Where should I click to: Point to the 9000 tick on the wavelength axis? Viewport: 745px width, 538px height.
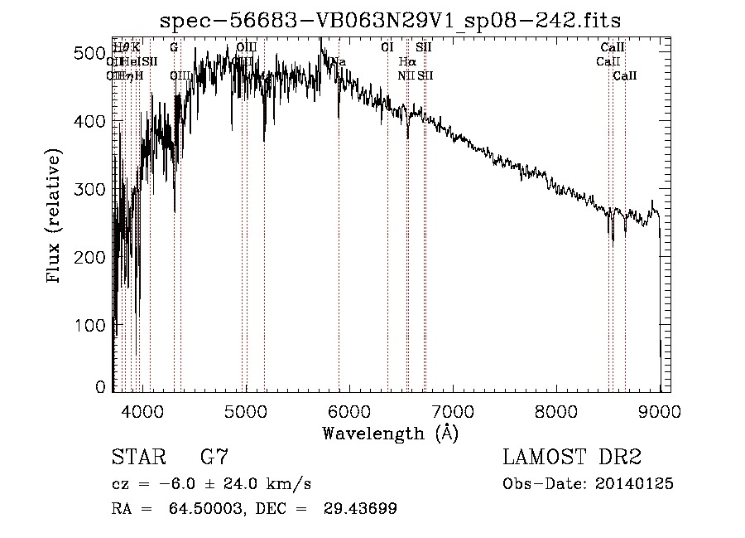(x=660, y=410)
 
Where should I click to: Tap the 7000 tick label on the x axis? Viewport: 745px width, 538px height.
(x=453, y=410)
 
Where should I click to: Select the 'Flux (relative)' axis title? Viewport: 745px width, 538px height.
(x=55, y=217)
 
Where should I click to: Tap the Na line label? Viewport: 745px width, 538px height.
(x=339, y=62)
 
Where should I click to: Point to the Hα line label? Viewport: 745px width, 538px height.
(x=406, y=62)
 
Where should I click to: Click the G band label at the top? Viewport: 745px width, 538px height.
(x=174, y=48)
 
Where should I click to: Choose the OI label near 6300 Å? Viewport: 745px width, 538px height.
(x=387, y=48)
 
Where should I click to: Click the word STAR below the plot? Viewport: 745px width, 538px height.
(x=137, y=458)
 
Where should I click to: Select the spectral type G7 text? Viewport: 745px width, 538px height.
(x=214, y=458)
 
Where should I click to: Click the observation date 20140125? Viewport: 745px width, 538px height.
(x=635, y=484)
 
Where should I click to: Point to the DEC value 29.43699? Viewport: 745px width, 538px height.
(x=360, y=509)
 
